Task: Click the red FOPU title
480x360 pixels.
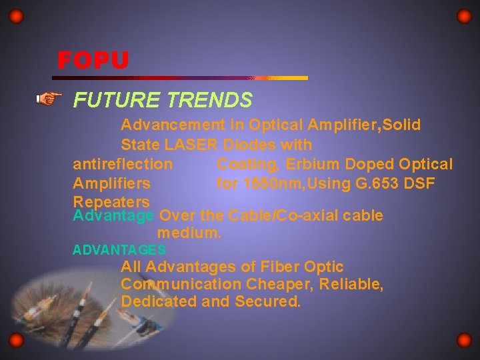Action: point(93,61)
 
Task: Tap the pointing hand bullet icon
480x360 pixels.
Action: point(47,100)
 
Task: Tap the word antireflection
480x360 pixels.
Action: point(123,164)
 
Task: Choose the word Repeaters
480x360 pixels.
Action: point(111,201)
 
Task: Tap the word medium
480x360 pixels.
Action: point(189,234)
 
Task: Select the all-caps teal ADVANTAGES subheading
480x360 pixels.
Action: point(119,250)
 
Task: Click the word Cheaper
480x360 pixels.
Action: point(276,285)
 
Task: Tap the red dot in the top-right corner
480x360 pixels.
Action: point(464,16)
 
